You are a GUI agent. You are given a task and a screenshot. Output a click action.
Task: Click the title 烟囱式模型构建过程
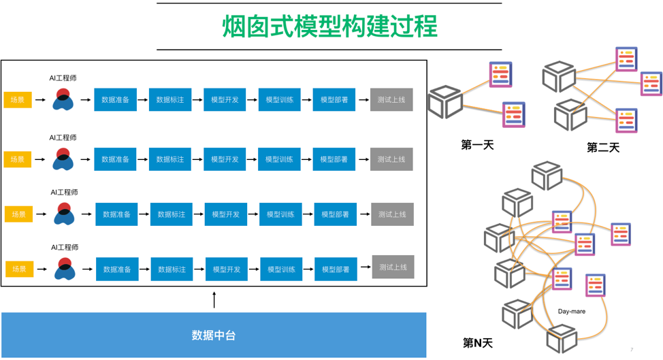329,27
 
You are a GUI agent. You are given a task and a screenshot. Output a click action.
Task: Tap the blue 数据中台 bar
214,335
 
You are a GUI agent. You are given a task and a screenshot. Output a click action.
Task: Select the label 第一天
476,144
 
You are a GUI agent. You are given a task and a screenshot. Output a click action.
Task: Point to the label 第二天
603,147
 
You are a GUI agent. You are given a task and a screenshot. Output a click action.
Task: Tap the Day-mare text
572,312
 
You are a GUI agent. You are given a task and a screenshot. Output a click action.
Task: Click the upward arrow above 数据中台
214,300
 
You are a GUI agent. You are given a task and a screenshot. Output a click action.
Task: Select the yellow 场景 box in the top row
17,100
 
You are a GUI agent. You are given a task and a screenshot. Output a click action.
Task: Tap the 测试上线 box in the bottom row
393,267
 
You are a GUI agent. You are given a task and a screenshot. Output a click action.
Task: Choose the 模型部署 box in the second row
334,159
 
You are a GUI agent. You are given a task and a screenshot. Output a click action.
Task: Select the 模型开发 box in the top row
225,100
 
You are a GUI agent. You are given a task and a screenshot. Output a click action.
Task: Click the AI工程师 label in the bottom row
65,247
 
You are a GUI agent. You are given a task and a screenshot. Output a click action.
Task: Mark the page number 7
632,349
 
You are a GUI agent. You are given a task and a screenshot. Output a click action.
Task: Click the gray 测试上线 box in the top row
391,100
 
